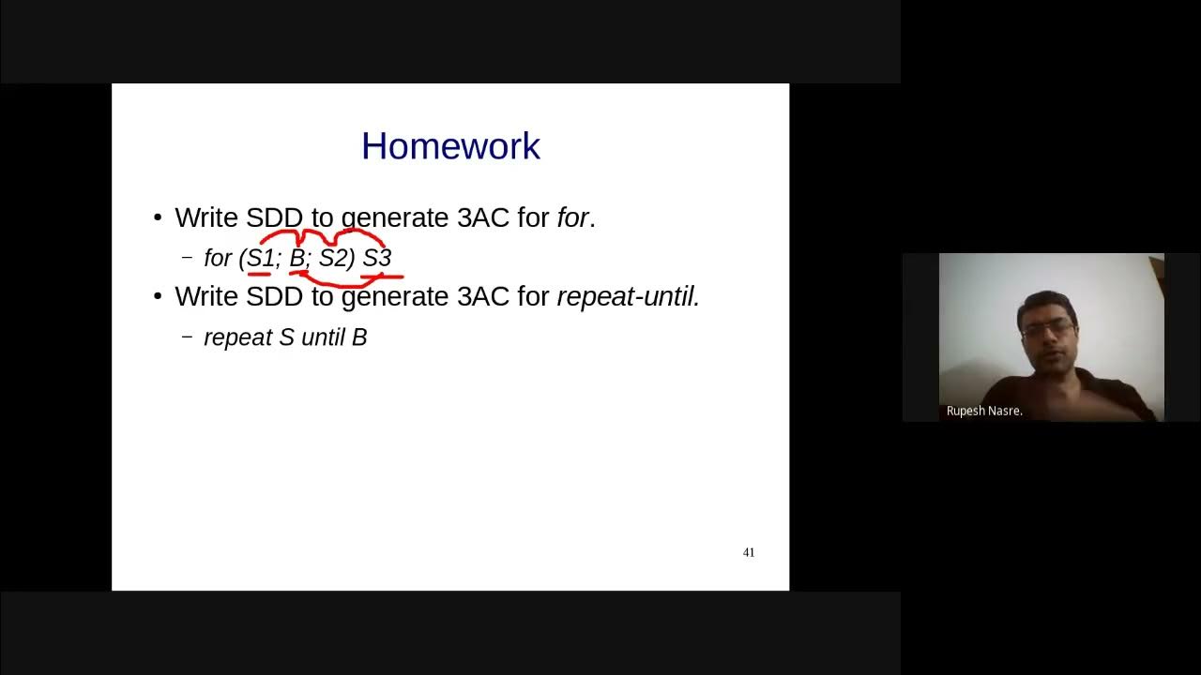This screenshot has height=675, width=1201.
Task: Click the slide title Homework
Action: [450, 146]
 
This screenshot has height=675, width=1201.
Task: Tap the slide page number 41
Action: [749, 552]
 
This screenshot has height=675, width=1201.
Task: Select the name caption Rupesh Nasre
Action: [984, 411]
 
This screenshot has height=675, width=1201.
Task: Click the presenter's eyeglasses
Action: [1047, 330]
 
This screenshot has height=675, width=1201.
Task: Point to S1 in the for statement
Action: [261, 258]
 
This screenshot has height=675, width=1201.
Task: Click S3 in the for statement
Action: [376, 258]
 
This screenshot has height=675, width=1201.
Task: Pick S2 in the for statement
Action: [334, 258]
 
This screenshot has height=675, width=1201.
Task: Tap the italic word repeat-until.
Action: [628, 297]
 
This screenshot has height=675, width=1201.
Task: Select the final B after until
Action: [359, 337]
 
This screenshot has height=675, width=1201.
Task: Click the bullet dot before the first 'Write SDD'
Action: [158, 218]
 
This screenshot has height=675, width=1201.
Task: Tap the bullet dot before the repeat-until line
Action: [158, 297]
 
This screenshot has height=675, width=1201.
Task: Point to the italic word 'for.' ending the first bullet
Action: [575, 218]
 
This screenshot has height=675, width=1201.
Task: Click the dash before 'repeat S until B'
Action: [187, 337]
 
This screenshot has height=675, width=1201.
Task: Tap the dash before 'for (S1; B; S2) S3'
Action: [187, 258]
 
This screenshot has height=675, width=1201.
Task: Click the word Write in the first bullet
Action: [206, 218]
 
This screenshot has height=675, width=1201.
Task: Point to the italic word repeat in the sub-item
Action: [237, 337]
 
